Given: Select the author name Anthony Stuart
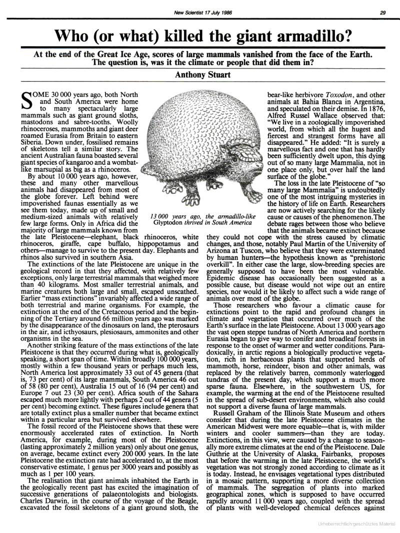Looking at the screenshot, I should point(200,75).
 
